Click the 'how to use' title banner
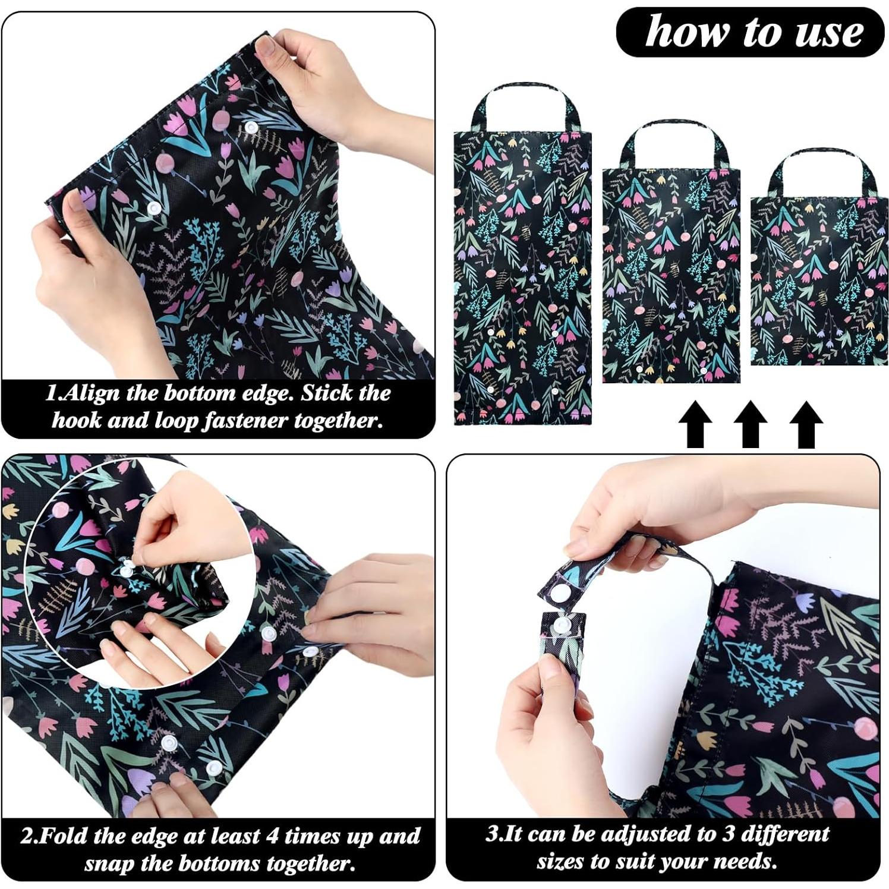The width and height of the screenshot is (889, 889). (x=750, y=32)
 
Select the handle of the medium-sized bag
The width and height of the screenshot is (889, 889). (x=672, y=127)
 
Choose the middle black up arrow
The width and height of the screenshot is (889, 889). (x=751, y=424)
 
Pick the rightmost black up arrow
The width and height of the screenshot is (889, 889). (x=806, y=424)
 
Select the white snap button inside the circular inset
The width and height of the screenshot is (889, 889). (x=127, y=570)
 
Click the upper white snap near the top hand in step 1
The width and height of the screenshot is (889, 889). (x=251, y=128)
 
